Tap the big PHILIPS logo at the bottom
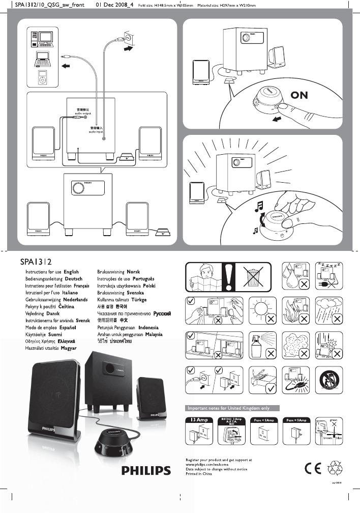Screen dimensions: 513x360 pos(145,471)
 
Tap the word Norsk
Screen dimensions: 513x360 pos(133,272)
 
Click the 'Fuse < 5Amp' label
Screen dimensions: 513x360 pos(264,419)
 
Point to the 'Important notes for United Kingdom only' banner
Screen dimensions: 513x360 pos(231,408)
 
